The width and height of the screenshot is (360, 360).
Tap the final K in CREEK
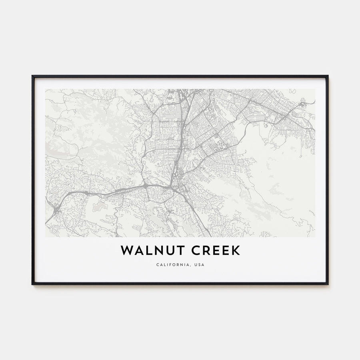tap(236, 250)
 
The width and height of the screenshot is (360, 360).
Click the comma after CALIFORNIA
tap(190, 266)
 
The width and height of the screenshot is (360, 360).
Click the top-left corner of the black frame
tap(32, 76)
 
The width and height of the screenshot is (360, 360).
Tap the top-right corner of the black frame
tap(328, 76)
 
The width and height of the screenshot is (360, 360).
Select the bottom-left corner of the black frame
tap(32, 284)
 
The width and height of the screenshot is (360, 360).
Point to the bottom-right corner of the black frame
tap(328, 284)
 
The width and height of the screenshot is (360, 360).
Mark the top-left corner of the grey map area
tap(45, 89)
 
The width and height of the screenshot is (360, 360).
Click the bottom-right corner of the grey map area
tap(315, 237)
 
